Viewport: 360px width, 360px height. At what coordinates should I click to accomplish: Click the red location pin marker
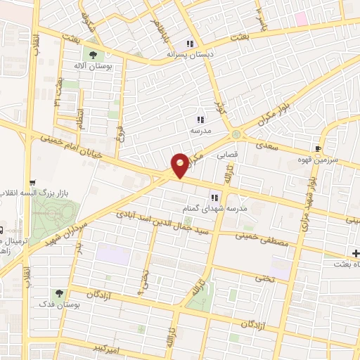[x=181, y=165]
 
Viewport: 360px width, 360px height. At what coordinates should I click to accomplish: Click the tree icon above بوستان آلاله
[x=91, y=53]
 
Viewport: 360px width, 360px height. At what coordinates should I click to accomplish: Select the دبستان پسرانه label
[x=189, y=53]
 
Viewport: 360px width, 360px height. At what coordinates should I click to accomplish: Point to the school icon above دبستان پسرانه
[x=190, y=43]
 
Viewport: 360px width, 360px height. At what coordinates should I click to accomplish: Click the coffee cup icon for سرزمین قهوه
[x=319, y=148]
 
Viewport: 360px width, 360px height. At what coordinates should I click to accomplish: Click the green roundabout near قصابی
[x=236, y=134]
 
